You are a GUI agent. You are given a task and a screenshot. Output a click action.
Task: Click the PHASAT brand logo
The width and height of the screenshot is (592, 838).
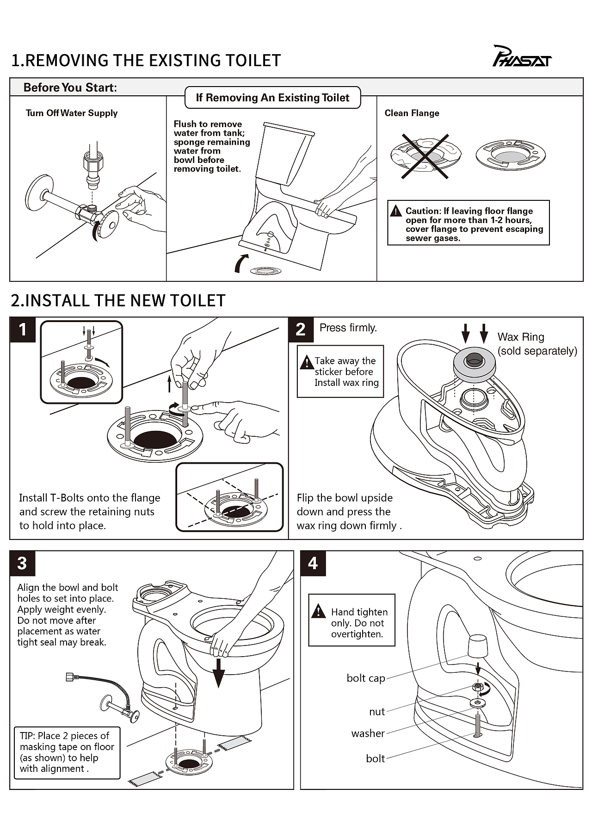(522, 57)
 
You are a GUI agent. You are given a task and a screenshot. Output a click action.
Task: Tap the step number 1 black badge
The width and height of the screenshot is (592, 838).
(23, 330)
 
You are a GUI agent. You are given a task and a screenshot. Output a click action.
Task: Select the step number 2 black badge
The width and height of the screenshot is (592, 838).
(301, 329)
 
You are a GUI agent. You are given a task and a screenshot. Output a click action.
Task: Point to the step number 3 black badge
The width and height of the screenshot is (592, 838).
(22, 563)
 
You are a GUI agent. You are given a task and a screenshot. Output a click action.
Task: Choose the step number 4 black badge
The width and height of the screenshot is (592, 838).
(313, 563)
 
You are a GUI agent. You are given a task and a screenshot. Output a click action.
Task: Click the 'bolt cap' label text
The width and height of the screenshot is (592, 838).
(366, 678)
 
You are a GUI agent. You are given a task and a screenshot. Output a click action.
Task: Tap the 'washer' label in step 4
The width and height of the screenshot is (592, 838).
(368, 733)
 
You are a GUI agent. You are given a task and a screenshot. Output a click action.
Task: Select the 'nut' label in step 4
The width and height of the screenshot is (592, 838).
(377, 712)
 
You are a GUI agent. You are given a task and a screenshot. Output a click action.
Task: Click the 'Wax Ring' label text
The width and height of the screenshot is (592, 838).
(521, 337)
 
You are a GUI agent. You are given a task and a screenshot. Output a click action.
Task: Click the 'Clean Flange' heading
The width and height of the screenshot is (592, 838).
(412, 113)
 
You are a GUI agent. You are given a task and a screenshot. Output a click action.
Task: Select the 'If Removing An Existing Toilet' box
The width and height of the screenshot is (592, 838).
(272, 98)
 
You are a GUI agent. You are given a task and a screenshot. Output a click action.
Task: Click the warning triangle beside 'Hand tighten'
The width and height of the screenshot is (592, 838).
(319, 612)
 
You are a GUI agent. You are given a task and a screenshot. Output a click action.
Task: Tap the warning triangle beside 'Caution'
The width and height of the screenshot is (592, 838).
(396, 211)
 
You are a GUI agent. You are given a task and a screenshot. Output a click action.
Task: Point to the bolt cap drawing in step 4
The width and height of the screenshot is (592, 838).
(478, 645)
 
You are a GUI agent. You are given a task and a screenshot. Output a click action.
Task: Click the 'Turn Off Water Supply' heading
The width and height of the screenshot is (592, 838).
(72, 113)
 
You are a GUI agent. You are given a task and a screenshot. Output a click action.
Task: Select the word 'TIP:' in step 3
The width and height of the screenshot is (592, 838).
(28, 736)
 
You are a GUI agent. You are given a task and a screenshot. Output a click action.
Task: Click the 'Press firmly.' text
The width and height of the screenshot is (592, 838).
(348, 328)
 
